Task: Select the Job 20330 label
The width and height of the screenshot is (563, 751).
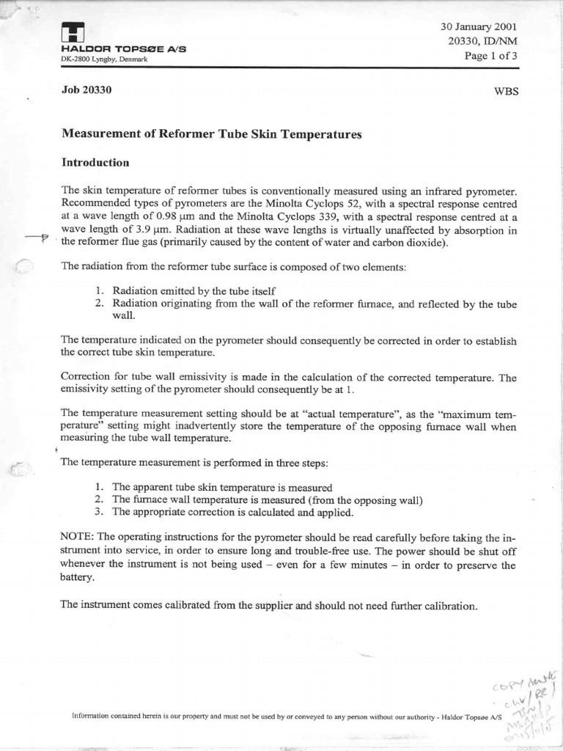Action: point(87,91)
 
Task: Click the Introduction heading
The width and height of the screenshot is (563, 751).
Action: point(95,162)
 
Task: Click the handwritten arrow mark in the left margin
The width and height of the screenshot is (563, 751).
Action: point(37,238)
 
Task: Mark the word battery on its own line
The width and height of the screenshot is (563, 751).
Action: point(78,578)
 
